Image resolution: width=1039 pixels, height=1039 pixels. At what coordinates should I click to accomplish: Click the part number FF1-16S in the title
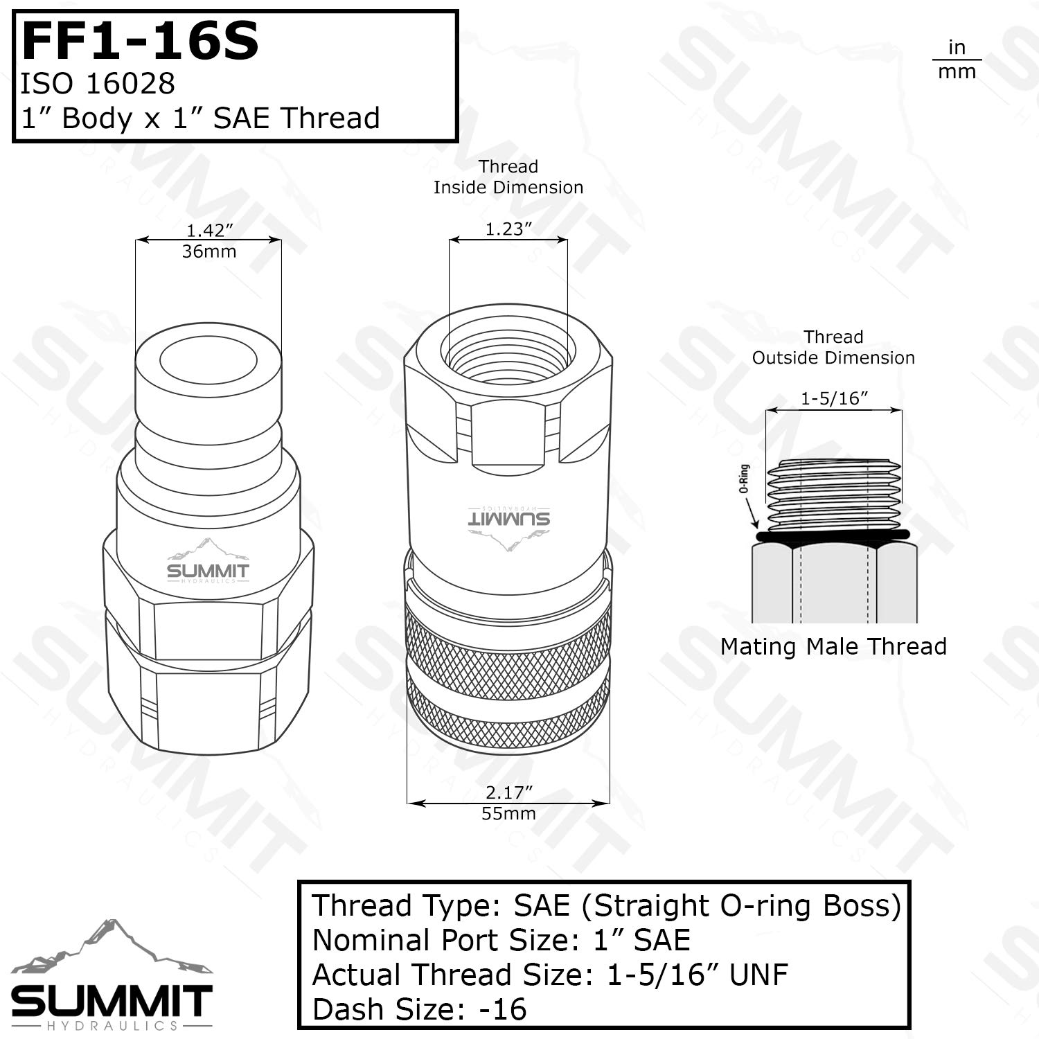pyautogui.click(x=141, y=42)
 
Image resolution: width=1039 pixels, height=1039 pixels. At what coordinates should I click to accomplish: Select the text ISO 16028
pyautogui.click(x=98, y=84)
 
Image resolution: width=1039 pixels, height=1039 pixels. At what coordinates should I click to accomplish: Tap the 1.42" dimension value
pyautogui.click(x=209, y=230)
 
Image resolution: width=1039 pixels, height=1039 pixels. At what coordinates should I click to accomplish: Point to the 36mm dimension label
pyautogui.click(x=209, y=251)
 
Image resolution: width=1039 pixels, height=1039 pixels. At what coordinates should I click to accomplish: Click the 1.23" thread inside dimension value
pyautogui.click(x=508, y=229)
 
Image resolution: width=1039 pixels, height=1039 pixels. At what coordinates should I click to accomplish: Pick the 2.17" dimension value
pyautogui.click(x=508, y=792)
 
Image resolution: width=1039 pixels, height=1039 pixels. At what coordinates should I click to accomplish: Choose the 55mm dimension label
pyautogui.click(x=508, y=814)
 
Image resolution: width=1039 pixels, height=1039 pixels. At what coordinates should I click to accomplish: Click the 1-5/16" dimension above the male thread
pyautogui.click(x=834, y=399)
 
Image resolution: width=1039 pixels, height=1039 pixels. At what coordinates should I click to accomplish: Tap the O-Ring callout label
pyautogui.click(x=745, y=479)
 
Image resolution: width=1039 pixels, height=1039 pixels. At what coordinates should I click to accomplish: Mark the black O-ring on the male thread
pyautogui.click(x=834, y=536)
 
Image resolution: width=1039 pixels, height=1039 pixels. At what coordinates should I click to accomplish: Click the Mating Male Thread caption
pyautogui.click(x=833, y=647)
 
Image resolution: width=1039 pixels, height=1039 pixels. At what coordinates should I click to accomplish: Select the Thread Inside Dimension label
pyautogui.click(x=508, y=177)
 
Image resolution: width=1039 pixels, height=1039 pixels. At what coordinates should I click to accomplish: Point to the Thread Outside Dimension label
pyautogui.click(x=833, y=348)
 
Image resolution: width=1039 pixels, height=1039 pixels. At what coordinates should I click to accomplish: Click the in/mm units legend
pyautogui.click(x=957, y=60)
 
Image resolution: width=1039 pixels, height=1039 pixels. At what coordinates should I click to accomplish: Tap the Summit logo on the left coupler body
pyautogui.click(x=208, y=562)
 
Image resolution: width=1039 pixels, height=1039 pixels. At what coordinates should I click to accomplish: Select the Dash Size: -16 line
pyautogui.click(x=419, y=1010)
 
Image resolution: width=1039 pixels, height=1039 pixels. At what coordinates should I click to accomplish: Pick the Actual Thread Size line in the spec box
pyautogui.click(x=550, y=975)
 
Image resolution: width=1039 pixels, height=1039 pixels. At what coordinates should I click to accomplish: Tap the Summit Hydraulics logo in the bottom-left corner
pyautogui.click(x=112, y=977)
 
